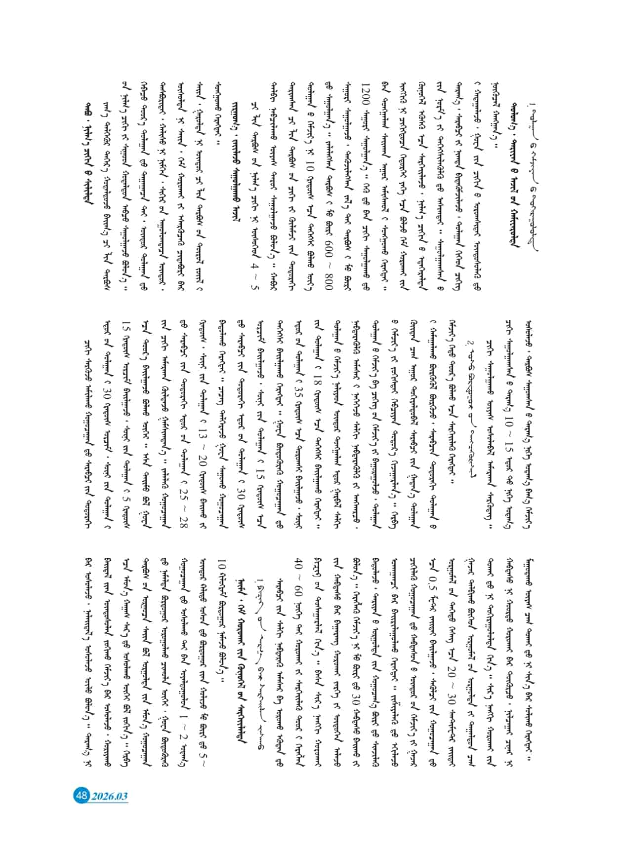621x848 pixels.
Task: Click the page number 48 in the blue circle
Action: [81, 795]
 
